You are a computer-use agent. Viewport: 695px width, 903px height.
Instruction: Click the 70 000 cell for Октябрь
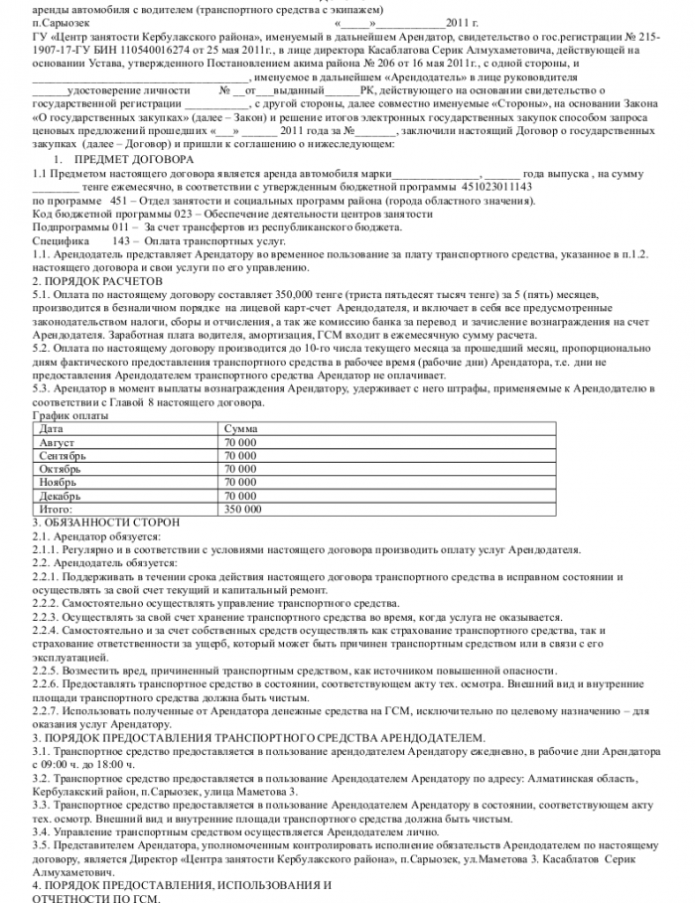tap(240, 468)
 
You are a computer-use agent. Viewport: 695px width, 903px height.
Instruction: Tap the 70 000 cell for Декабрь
tap(240, 495)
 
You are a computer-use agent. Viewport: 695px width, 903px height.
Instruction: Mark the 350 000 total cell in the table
tap(243, 508)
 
